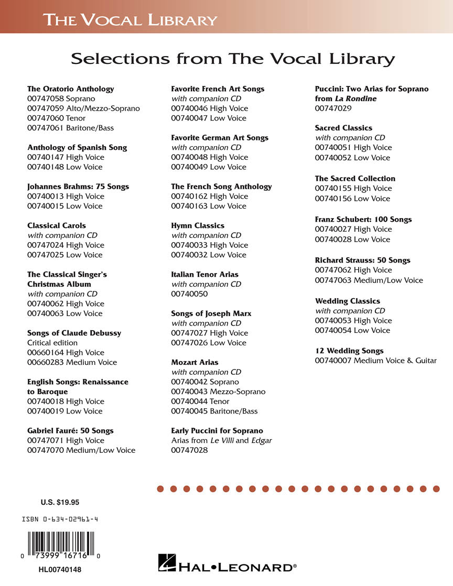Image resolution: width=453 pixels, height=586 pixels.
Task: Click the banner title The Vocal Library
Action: click(x=130, y=20)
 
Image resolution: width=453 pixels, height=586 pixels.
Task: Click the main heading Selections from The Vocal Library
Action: click(x=232, y=59)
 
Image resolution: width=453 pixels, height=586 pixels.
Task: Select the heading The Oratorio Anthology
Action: click(x=70, y=89)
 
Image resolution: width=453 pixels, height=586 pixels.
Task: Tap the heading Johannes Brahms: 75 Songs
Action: click(x=78, y=187)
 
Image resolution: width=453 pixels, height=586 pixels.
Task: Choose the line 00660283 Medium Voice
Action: click(x=72, y=362)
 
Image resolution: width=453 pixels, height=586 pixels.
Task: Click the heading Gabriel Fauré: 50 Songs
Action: click(x=70, y=431)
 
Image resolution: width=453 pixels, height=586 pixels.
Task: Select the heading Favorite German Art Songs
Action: click(x=220, y=138)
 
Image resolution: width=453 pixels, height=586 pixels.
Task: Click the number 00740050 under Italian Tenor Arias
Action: click(x=189, y=294)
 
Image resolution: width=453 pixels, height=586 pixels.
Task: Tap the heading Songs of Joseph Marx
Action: click(x=211, y=313)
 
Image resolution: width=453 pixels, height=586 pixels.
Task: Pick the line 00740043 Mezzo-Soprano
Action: click(x=218, y=392)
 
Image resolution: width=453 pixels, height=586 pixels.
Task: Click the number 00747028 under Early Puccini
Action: click(x=189, y=450)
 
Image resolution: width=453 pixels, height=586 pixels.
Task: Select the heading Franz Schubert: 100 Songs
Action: click(x=363, y=220)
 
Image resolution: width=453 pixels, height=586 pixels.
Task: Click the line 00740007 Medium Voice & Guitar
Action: click(x=375, y=361)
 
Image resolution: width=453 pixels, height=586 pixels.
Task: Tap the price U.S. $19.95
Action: click(x=60, y=502)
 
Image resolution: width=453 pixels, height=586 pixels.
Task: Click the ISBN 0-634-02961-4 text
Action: click(x=60, y=519)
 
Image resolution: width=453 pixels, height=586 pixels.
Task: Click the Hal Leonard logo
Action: click(x=228, y=565)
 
